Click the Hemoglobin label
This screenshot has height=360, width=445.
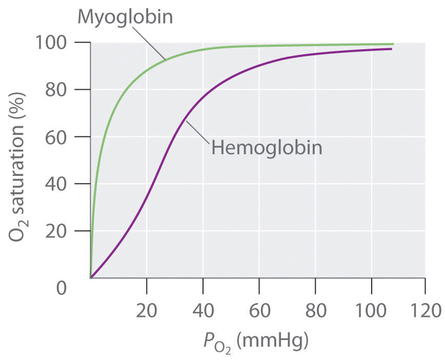267,148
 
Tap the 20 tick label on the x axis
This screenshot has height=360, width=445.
147,311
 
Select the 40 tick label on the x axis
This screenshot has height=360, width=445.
203,311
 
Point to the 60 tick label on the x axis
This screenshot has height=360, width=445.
259,311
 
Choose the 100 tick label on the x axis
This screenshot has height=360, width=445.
371,311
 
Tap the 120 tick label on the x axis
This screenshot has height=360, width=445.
425,311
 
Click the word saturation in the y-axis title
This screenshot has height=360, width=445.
19,164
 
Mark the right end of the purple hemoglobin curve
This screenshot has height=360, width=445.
391,49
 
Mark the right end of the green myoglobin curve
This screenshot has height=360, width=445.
393,44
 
